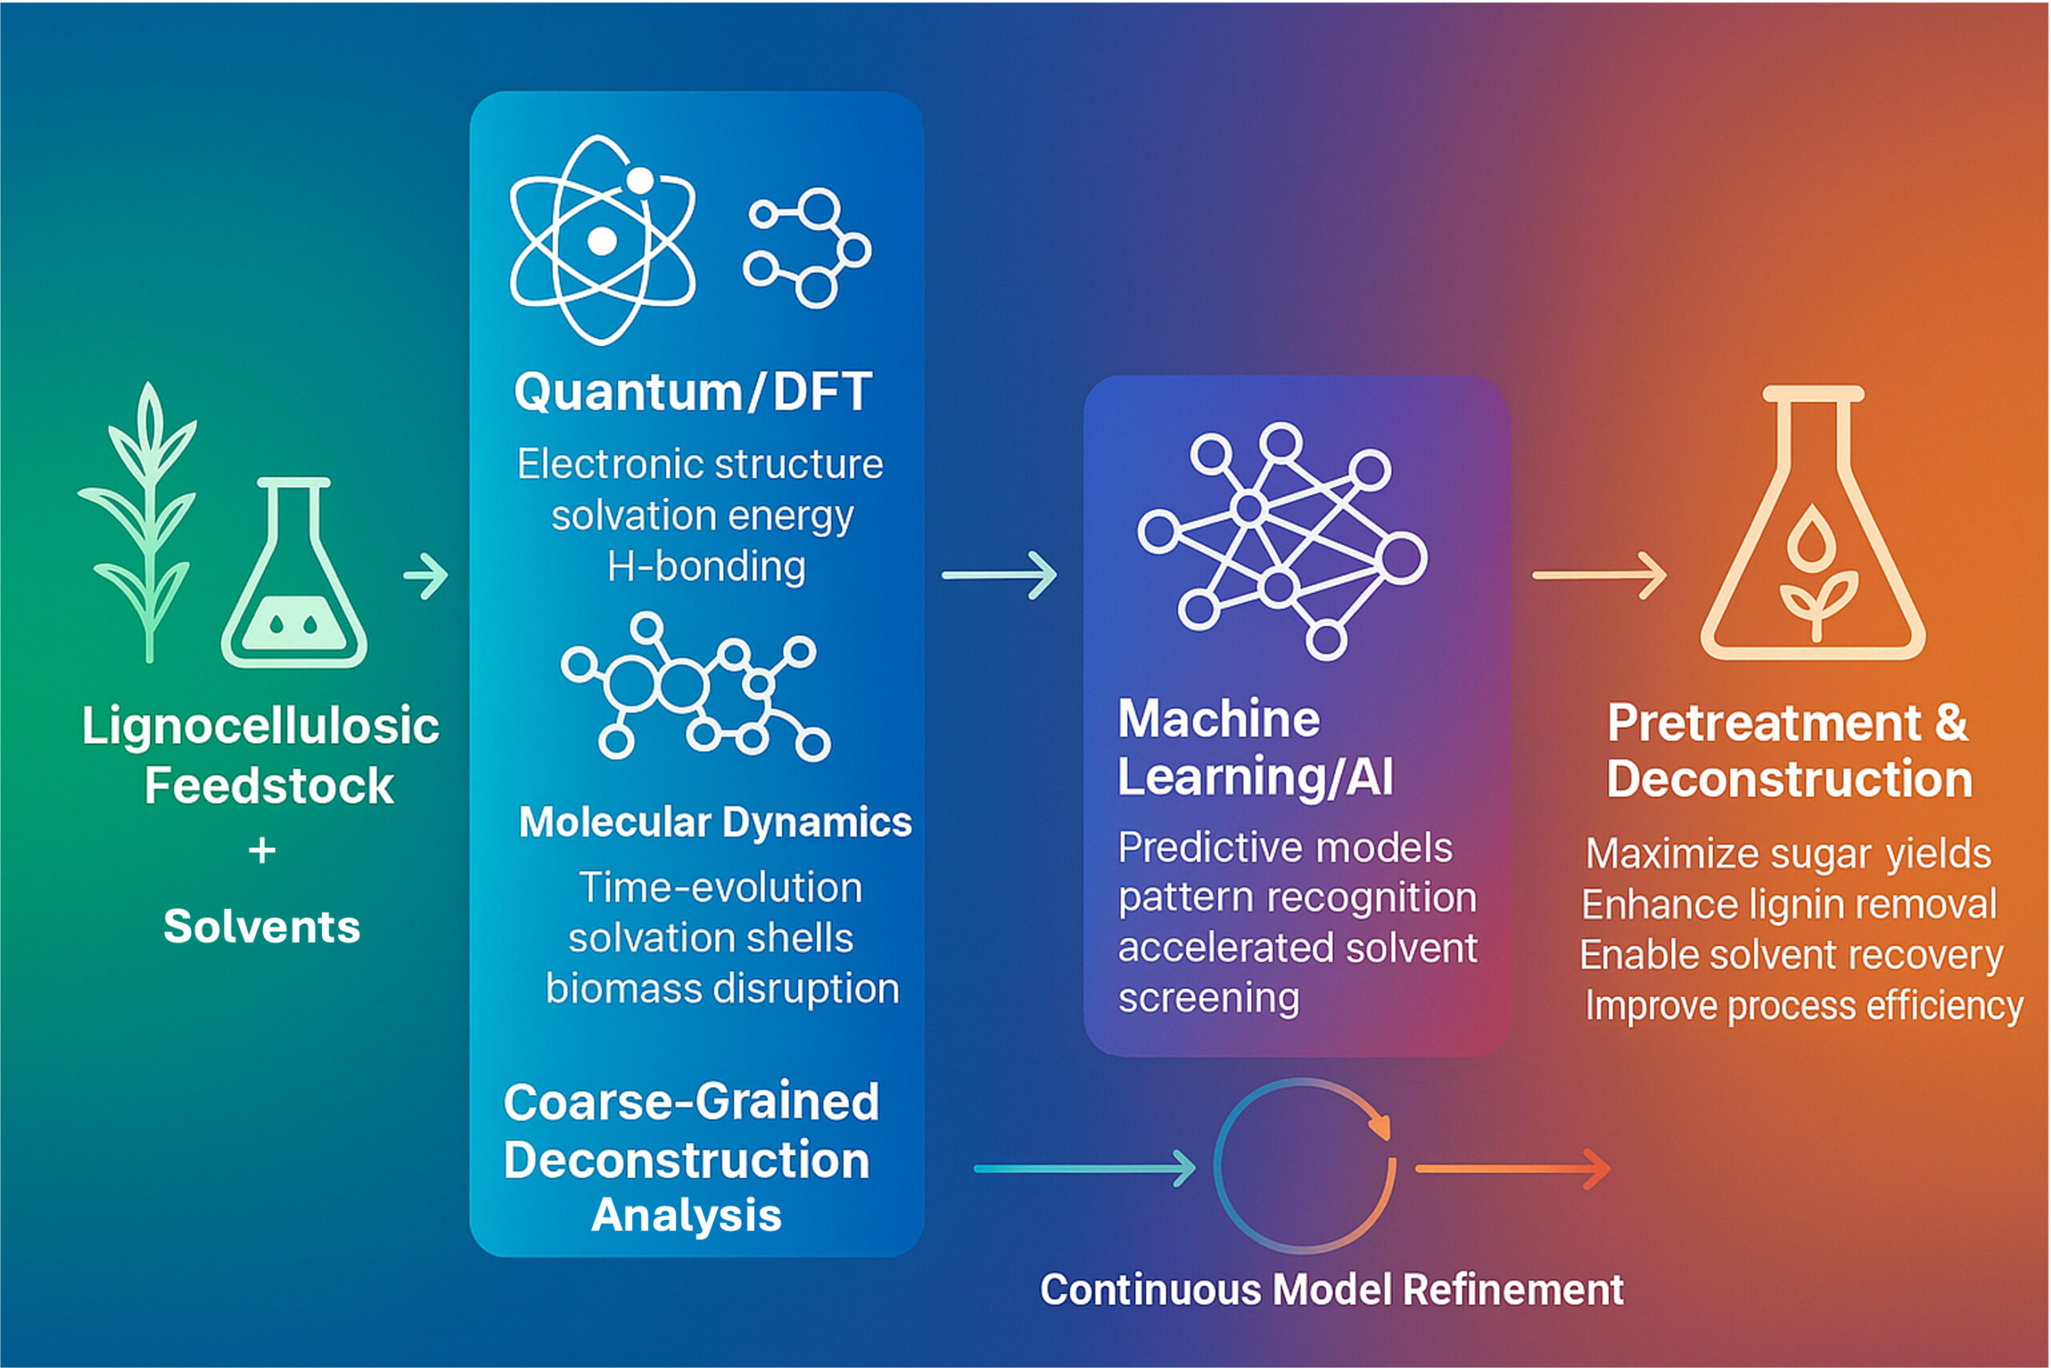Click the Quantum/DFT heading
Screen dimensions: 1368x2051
693,392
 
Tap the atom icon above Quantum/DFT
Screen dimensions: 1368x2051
602,240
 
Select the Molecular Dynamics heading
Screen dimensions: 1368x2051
715,822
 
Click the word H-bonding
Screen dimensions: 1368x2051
706,567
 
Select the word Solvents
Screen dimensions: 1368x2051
262,927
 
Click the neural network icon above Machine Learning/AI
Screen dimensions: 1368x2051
1281,541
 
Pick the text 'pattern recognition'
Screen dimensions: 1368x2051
1297,898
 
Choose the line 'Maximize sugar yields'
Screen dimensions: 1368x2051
1788,854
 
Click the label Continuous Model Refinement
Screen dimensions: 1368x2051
1332,1290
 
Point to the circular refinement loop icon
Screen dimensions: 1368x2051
1305,1167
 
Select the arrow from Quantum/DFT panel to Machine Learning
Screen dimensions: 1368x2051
999,575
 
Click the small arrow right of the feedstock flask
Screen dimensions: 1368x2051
426,576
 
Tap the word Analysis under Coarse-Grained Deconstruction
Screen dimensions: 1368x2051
686,1215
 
